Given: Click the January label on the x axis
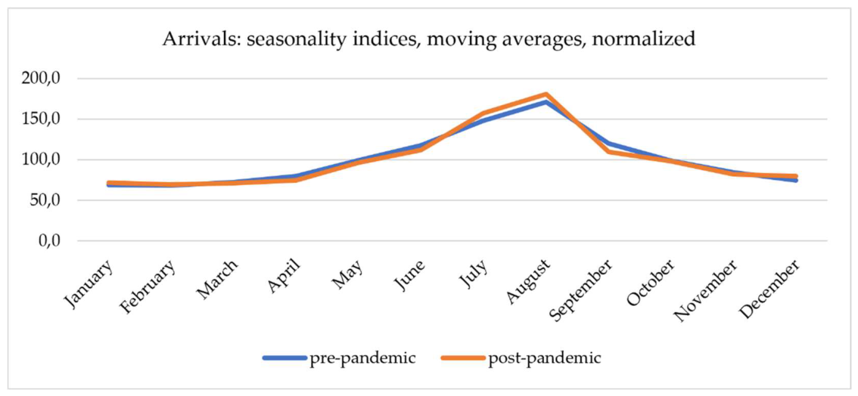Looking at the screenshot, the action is tap(90, 283).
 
